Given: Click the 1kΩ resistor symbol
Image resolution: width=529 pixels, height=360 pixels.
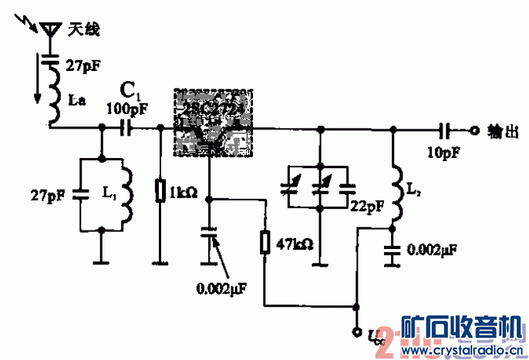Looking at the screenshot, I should [160, 190].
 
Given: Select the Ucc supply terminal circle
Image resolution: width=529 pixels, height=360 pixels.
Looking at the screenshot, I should [356, 333].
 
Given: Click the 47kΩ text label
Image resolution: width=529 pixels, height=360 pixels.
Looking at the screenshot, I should [294, 244].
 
